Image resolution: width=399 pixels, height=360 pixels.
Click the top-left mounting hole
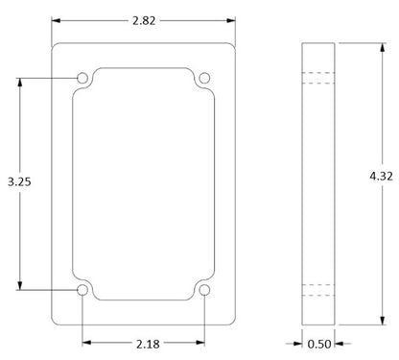pos(82,77)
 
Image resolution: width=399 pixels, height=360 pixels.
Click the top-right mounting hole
pos(205,77)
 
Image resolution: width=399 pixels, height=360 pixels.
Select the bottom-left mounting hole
pos(82,289)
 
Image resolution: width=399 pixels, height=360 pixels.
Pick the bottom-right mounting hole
pos(205,289)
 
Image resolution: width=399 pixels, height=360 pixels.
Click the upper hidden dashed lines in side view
pos(318,77)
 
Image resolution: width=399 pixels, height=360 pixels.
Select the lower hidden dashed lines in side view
pos(318,289)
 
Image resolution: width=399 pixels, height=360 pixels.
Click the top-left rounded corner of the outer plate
pos(55,45)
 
